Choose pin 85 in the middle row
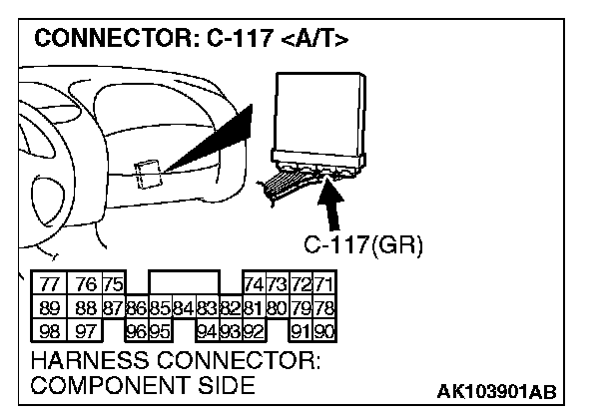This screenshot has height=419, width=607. click(160, 306)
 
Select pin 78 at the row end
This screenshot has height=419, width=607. click(324, 306)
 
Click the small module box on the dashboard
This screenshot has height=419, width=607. click(147, 174)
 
